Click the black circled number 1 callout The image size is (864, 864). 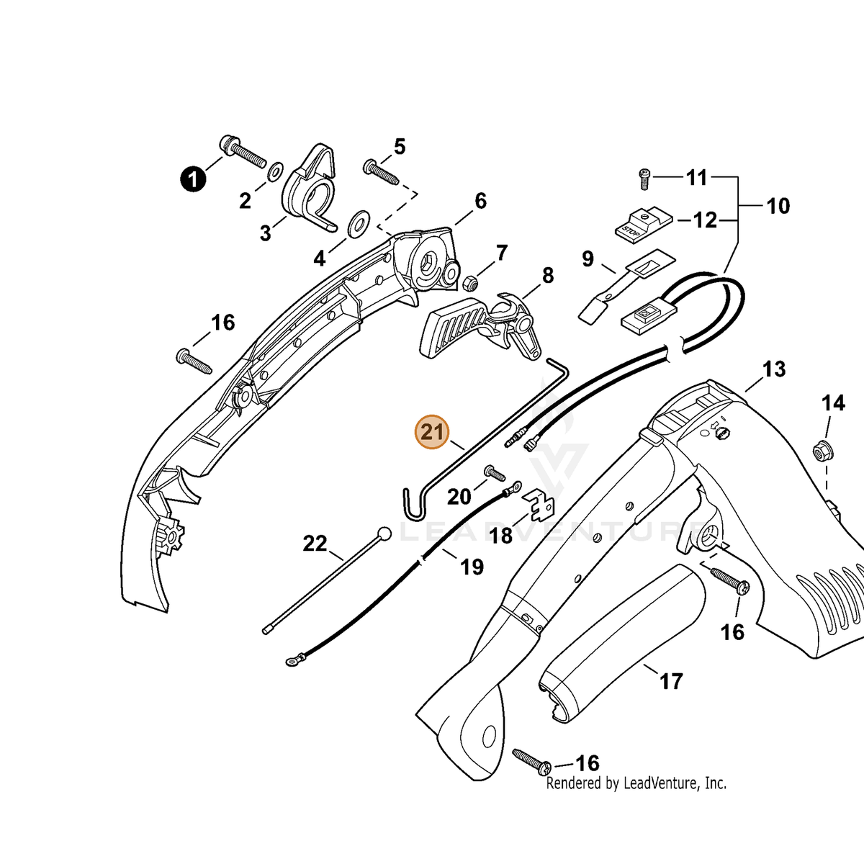tap(193, 180)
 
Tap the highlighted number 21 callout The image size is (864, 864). tap(432, 432)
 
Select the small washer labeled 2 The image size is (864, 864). tap(274, 172)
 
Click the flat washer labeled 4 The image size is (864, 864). tap(359, 223)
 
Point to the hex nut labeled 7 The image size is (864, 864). tap(470, 282)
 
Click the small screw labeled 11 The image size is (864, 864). tap(644, 179)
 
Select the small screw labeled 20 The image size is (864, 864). tap(495, 472)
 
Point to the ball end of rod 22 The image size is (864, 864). tap(384, 534)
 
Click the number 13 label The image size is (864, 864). tap(774, 369)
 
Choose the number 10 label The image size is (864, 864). tap(778, 206)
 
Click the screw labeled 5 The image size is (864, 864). tap(381, 172)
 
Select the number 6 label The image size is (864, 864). tap(480, 201)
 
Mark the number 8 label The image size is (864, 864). tap(548, 275)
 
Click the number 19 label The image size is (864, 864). tap(472, 567)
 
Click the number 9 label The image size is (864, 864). tap(588, 258)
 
